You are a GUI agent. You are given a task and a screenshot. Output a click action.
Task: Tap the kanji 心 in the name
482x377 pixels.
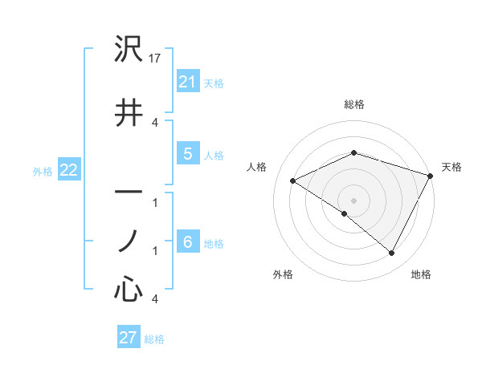click(129, 289)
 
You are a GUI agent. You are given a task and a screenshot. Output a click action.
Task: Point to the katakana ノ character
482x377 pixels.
click(129, 241)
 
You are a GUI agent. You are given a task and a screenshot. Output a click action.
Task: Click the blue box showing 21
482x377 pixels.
click(187, 81)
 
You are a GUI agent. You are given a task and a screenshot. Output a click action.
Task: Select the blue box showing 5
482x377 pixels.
click(187, 155)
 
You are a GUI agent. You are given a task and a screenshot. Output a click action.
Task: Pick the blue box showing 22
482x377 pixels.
click(68, 171)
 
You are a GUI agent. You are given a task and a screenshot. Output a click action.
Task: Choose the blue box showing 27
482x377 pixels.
click(129, 338)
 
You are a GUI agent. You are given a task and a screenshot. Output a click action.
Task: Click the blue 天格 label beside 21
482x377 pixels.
click(214, 83)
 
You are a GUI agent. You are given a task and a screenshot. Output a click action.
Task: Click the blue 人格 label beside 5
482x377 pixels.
click(214, 156)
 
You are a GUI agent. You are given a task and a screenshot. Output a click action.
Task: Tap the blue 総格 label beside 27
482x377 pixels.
click(154, 339)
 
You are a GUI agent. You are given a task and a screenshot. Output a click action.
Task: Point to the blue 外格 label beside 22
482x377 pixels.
click(43, 172)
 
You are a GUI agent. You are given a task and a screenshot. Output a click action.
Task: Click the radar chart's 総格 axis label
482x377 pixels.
click(353, 104)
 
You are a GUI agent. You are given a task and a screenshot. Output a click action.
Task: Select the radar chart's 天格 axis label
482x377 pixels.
click(451, 167)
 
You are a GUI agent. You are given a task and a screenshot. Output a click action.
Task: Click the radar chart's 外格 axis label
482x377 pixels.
click(283, 274)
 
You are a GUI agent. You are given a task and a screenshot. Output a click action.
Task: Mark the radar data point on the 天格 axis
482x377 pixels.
click(431, 176)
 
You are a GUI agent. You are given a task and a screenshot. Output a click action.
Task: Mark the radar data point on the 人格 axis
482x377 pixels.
click(293, 181)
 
